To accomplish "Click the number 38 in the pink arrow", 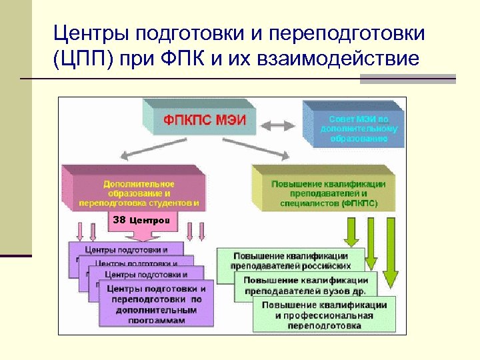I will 119,219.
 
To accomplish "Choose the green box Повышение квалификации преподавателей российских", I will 290,261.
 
